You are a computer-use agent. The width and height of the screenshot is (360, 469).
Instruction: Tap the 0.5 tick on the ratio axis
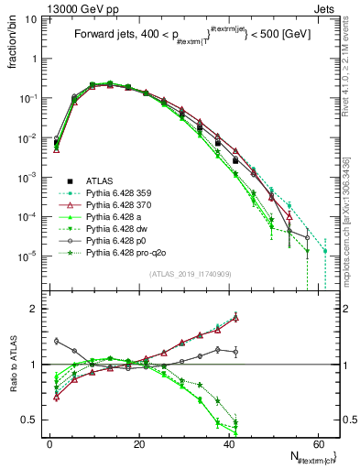pos(35,420)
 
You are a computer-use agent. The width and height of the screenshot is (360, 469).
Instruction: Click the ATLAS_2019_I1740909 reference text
pos(189,275)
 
